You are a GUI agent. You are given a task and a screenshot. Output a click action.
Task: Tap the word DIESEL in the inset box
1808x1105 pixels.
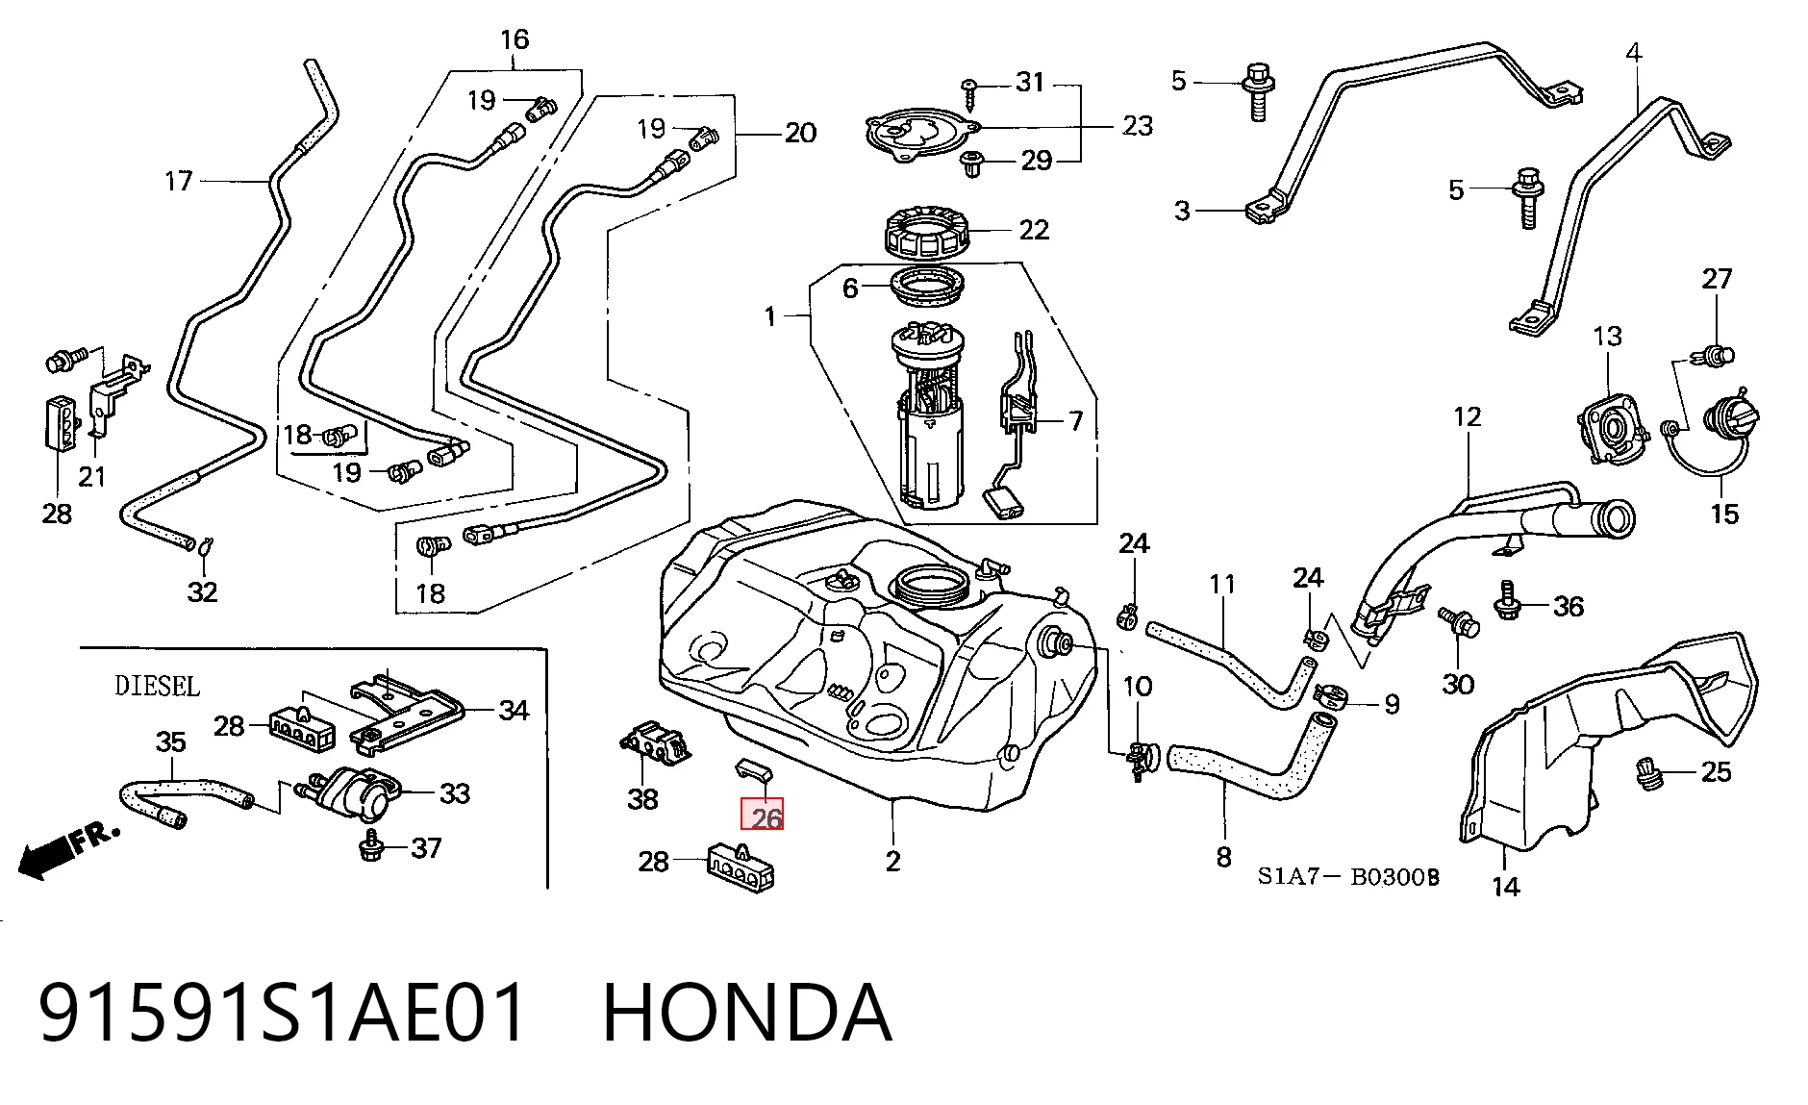(158, 686)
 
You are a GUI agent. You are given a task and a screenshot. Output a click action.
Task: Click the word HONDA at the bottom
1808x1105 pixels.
(747, 1012)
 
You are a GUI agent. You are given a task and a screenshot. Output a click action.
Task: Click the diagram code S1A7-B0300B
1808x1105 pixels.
(1348, 876)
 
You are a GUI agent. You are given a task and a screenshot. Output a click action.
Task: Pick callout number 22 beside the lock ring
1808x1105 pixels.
(1034, 230)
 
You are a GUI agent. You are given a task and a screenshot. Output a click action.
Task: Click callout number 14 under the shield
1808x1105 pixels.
(1506, 886)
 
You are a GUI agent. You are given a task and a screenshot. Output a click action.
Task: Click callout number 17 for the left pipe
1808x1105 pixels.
(179, 181)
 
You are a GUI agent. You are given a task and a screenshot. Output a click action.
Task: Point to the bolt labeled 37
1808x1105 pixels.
(370, 846)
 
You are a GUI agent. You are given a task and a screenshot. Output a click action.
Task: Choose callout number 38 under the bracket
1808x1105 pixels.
(642, 798)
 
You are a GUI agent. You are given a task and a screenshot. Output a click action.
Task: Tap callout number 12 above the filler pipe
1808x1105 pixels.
(1468, 416)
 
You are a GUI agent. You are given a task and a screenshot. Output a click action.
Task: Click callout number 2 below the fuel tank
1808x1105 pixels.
(893, 861)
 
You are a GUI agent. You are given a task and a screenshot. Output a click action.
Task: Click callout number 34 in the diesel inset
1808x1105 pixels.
(514, 711)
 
